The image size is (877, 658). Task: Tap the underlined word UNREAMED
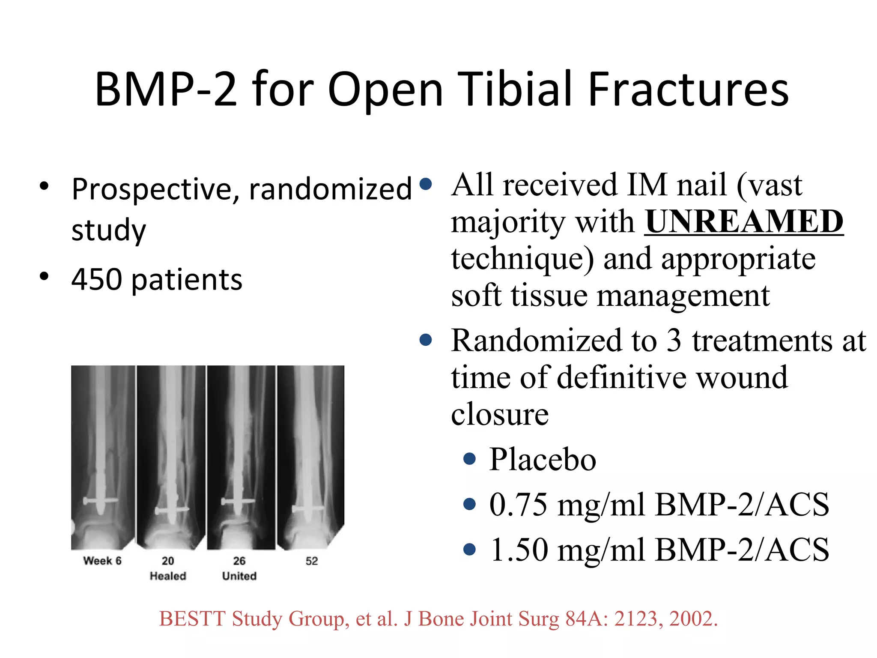pos(744,221)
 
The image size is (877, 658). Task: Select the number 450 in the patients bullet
pos(97,280)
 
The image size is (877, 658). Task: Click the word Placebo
pos(543,459)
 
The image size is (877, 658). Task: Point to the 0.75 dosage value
pos(519,504)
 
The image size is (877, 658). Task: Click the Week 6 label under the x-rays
pos(102,561)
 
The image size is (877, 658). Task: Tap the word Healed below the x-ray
pos(168,576)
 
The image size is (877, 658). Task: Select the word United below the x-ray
pos(239,576)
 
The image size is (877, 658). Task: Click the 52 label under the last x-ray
pos(312,561)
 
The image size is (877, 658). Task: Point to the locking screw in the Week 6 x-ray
pos(101,500)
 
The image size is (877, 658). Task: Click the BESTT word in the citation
pos(192,619)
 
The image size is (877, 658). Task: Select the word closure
pos(500,414)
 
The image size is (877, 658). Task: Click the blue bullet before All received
pos(426,184)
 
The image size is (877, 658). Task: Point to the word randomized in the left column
pos(330,190)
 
